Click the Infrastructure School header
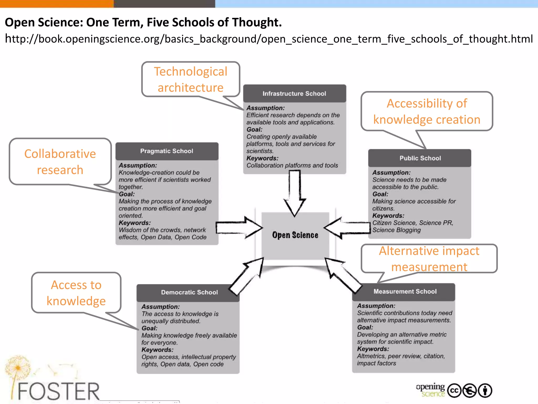[294, 94]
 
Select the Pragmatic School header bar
[167, 151]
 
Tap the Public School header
[420, 158]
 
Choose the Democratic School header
[189, 292]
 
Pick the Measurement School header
[405, 291]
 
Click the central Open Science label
[295, 235]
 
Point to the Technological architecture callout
[190, 79]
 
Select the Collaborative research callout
[60, 161]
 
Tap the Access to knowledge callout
[76, 293]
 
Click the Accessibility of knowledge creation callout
[427, 111]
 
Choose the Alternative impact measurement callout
[429, 259]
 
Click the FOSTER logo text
[58, 391]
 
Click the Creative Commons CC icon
[454, 391]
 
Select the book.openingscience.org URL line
[269, 39]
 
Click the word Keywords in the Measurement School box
[373, 349]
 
